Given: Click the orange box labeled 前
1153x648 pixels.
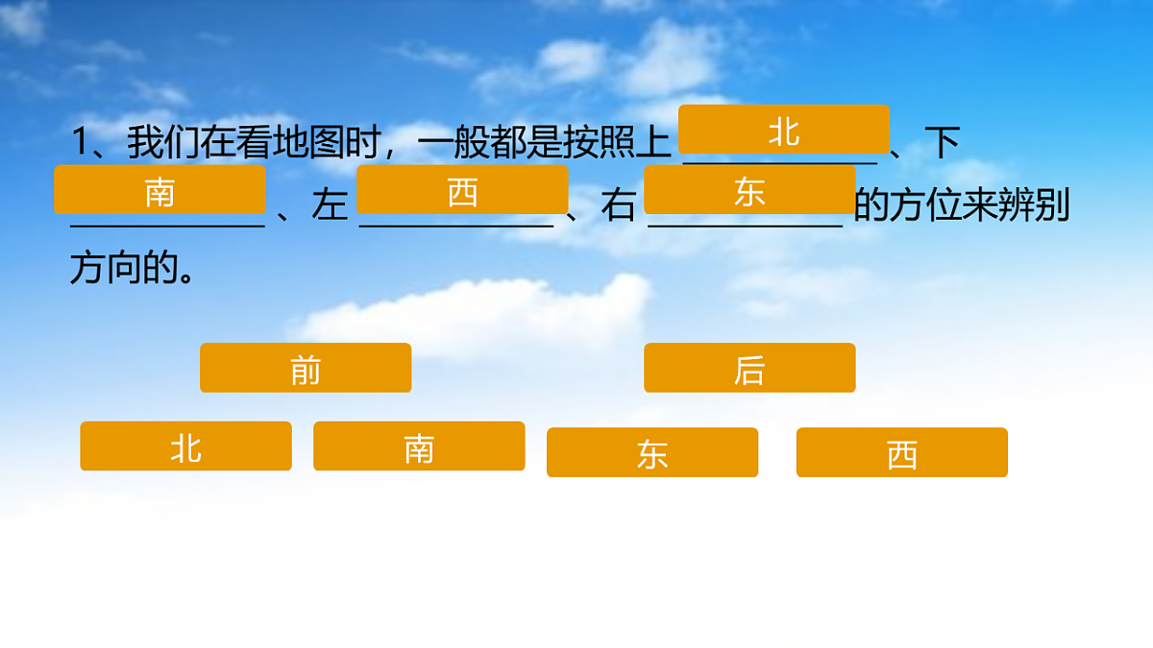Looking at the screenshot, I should (x=306, y=368).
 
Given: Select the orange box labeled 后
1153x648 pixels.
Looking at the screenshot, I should (x=749, y=368).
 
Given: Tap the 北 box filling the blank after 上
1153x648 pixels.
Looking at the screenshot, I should (x=783, y=130).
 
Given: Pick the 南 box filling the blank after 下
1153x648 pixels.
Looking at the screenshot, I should (x=159, y=190).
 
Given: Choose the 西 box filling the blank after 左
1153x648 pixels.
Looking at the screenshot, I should (x=462, y=190).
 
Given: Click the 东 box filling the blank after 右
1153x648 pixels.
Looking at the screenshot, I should (x=749, y=190).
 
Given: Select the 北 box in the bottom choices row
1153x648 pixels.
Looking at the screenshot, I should (x=185, y=446).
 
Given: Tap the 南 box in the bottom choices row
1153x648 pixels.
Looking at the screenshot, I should (x=419, y=446).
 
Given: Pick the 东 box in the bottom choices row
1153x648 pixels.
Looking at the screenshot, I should (x=652, y=452).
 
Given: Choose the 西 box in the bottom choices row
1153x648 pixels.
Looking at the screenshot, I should (x=902, y=452).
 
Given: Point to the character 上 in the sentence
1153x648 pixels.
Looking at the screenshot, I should (x=653, y=144).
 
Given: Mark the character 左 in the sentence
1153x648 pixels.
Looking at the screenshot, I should (x=330, y=206).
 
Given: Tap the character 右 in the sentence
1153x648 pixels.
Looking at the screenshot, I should (x=619, y=206).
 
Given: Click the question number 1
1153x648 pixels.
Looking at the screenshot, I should (x=80, y=144).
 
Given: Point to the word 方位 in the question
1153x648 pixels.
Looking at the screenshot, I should (x=921, y=206).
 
